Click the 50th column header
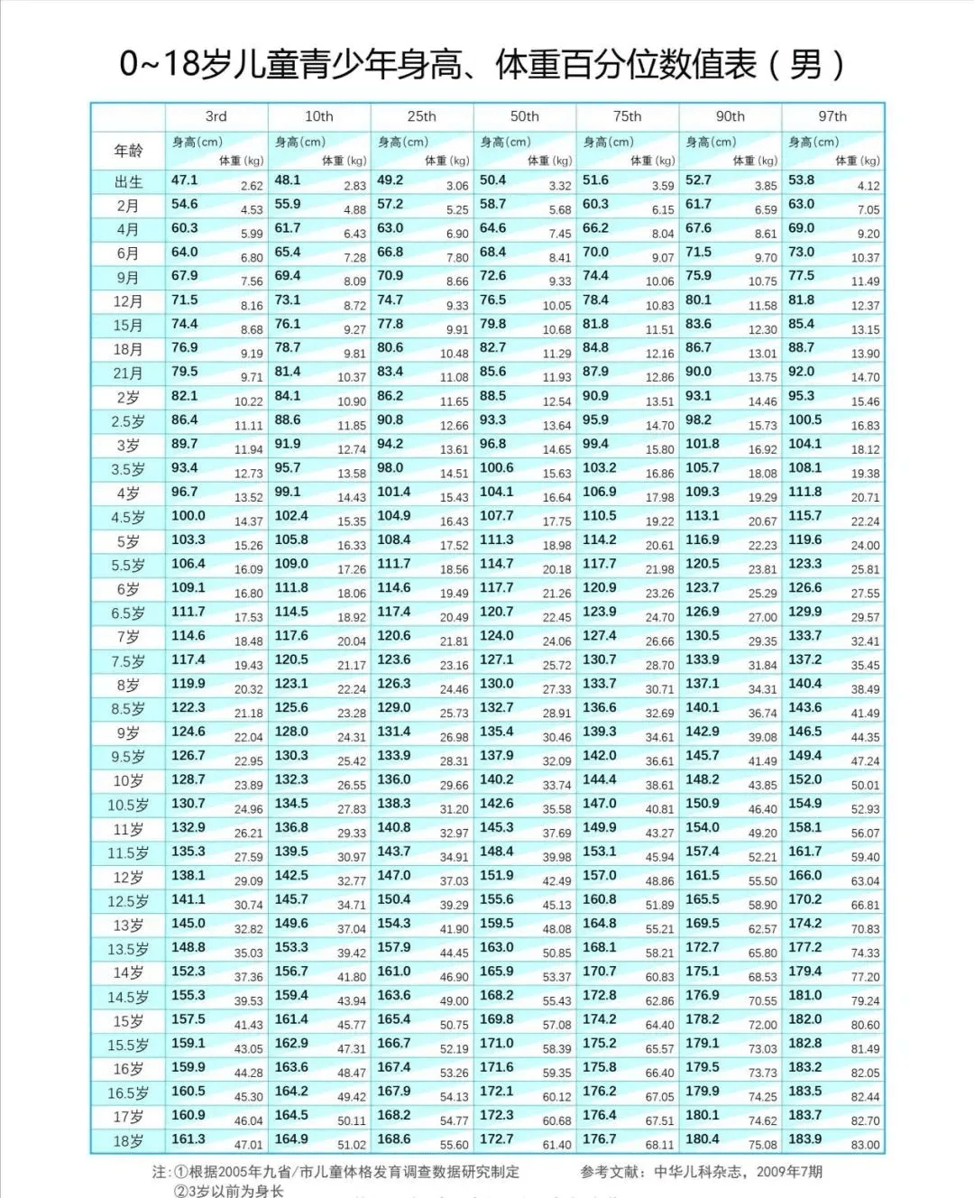click(x=524, y=116)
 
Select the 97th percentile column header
click(x=832, y=116)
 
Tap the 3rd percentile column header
click(x=216, y=116)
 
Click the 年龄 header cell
click(x=128, y=151)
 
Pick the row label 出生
click(x=128, y=182)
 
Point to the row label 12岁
click(x=128, y=878)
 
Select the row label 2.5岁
click(x=128, y=422)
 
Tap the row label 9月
click(x=128, y=278)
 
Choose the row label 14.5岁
click(x=128, y=998)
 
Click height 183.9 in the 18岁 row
click(x=805, y=1138)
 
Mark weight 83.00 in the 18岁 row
click(x=865, y=1145)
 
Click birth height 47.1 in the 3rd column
click(x=185, y=180)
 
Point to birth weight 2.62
click(x=252, y=186)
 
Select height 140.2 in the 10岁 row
click(x=497, y=779)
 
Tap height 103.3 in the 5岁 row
click(x=188, y=539)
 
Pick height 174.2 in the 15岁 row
click(x=600, y=1018)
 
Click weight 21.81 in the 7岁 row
click(x=454, y=641)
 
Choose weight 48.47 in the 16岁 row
click(x=352, y=1074)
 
